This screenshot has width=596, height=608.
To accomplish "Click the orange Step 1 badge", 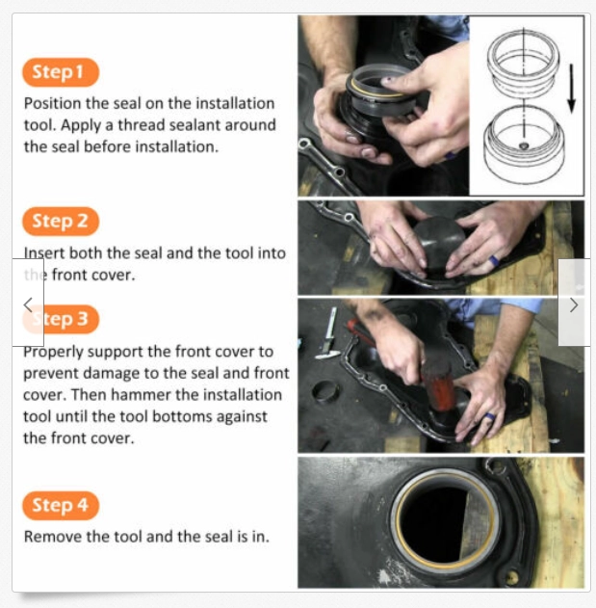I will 60,72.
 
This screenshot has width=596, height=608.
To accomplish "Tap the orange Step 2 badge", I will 60,222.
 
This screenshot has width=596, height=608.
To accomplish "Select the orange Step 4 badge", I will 60,506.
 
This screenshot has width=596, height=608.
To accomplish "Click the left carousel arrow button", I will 28,304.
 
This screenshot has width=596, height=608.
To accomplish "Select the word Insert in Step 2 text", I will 44,253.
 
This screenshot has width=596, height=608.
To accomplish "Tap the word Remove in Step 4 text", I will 51,537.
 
